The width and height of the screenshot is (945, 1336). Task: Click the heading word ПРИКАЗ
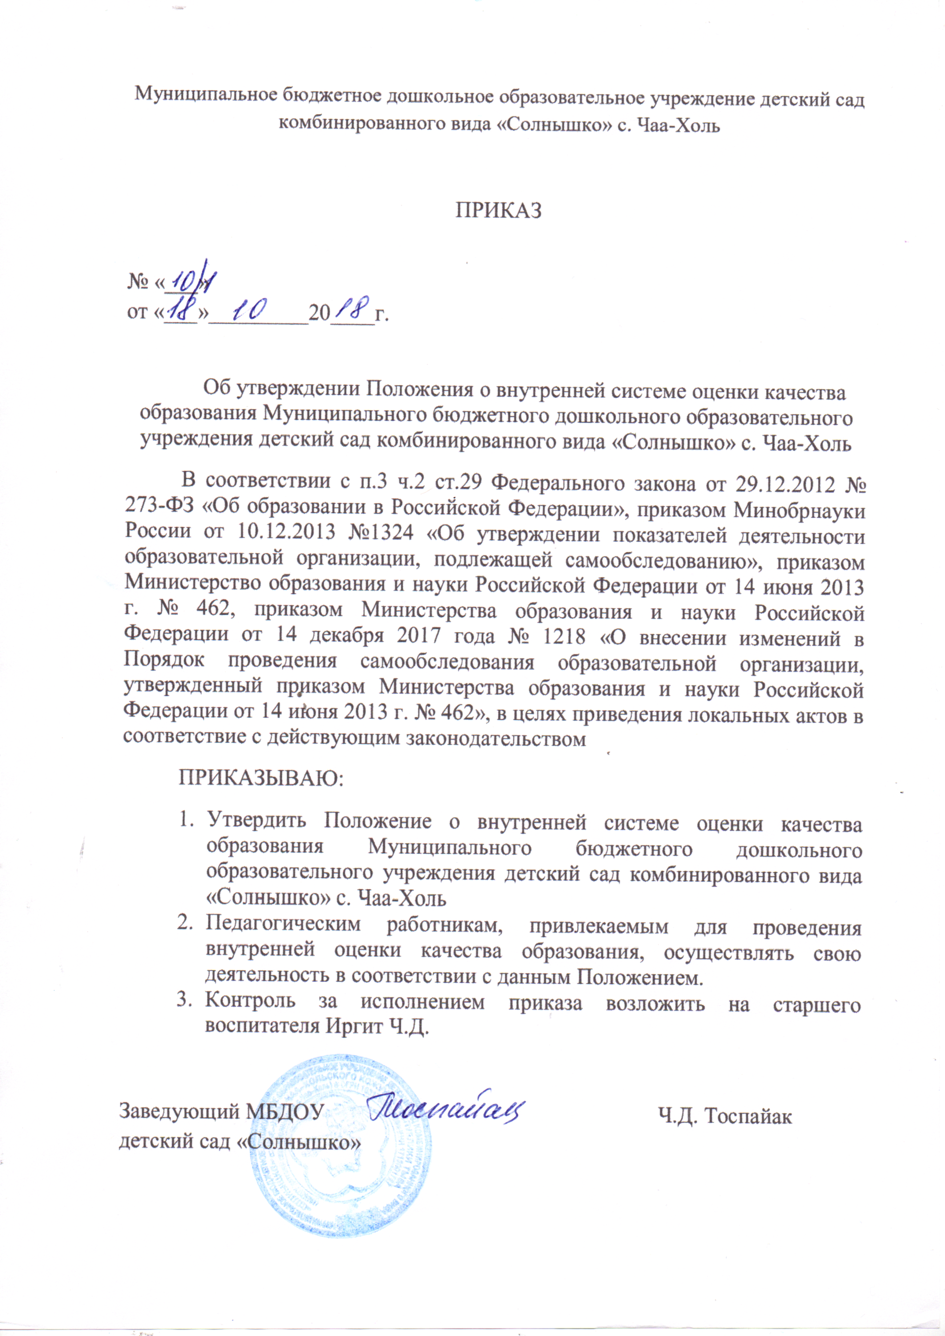498,211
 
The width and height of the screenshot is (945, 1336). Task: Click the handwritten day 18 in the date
181,312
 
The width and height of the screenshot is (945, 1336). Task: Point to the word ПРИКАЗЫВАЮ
261,778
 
